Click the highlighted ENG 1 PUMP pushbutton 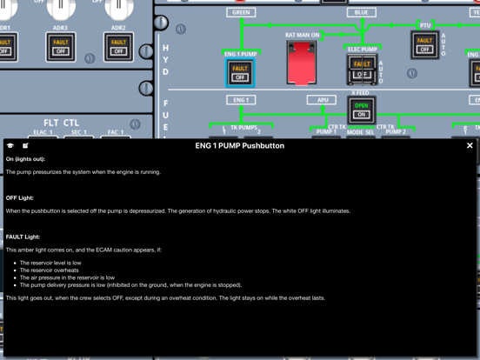[x=240, y=73]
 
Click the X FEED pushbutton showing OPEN [x=361, y=110]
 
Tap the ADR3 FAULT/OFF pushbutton [x=60, y=46]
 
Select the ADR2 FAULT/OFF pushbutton [x=118, y=46]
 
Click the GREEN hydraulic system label [x=241, y=13]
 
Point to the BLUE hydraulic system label [x=361, y=13]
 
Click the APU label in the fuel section [x=322, y=100]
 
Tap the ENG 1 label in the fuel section [x=241, y=100]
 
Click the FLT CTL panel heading [x=61, y=123]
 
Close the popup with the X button [x=470, y=146]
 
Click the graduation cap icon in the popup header [x=10, y=146]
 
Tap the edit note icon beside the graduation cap [x=25, y=146]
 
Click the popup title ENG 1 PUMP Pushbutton [x=239, y=146]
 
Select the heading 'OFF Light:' [x=20, y=198]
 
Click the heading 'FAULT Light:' [x=23, y=237]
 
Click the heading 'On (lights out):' [x=25, y=159]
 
